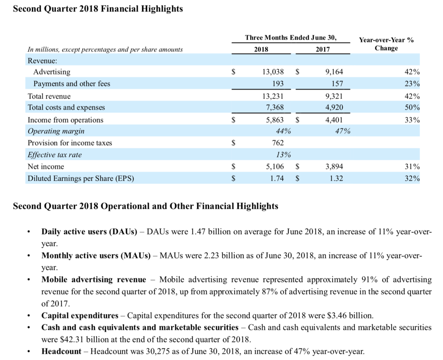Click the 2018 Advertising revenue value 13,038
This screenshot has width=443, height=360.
[x=273, y=72]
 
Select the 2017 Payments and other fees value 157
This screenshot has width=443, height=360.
[x=337, y=84]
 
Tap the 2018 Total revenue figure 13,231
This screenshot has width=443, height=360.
[x=273, y=96]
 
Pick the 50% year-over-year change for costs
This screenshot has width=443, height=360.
[x=412, y=107]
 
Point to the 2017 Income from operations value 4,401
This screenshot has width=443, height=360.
[x=334, y=120]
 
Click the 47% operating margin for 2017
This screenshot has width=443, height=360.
[x=343, y=132]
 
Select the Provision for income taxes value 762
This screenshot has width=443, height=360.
[x=278, y=143]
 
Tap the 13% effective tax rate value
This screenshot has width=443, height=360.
[x=284, y=155]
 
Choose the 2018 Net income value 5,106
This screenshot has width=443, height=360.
[x=275, y=166]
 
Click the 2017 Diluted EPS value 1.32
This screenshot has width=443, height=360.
[x=336, y=178]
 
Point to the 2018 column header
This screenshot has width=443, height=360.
[x=261, y=50]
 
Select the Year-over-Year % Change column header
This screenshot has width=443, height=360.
[x=386, y=44]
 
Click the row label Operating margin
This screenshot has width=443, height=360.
[x=56, y=132]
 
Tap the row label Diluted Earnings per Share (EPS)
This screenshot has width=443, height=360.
[x=81, y=178]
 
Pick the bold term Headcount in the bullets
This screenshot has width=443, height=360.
[x=61, y=351]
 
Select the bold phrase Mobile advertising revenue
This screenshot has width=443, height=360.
[x=94, y=279]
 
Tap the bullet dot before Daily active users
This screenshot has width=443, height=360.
[x=28, y=232]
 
